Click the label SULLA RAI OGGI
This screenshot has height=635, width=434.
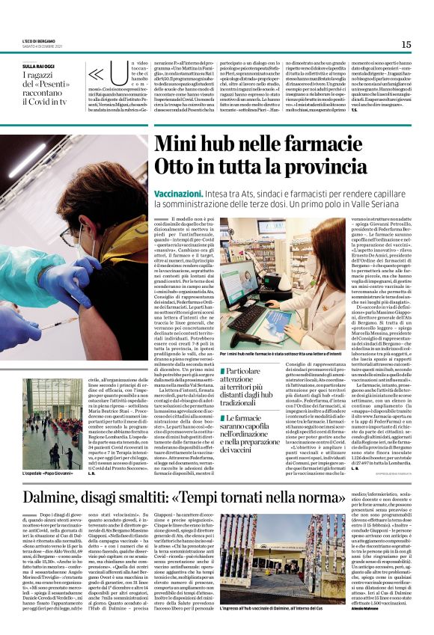[x=38, y=67]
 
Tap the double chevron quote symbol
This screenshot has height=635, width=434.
[x=97, y=76]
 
